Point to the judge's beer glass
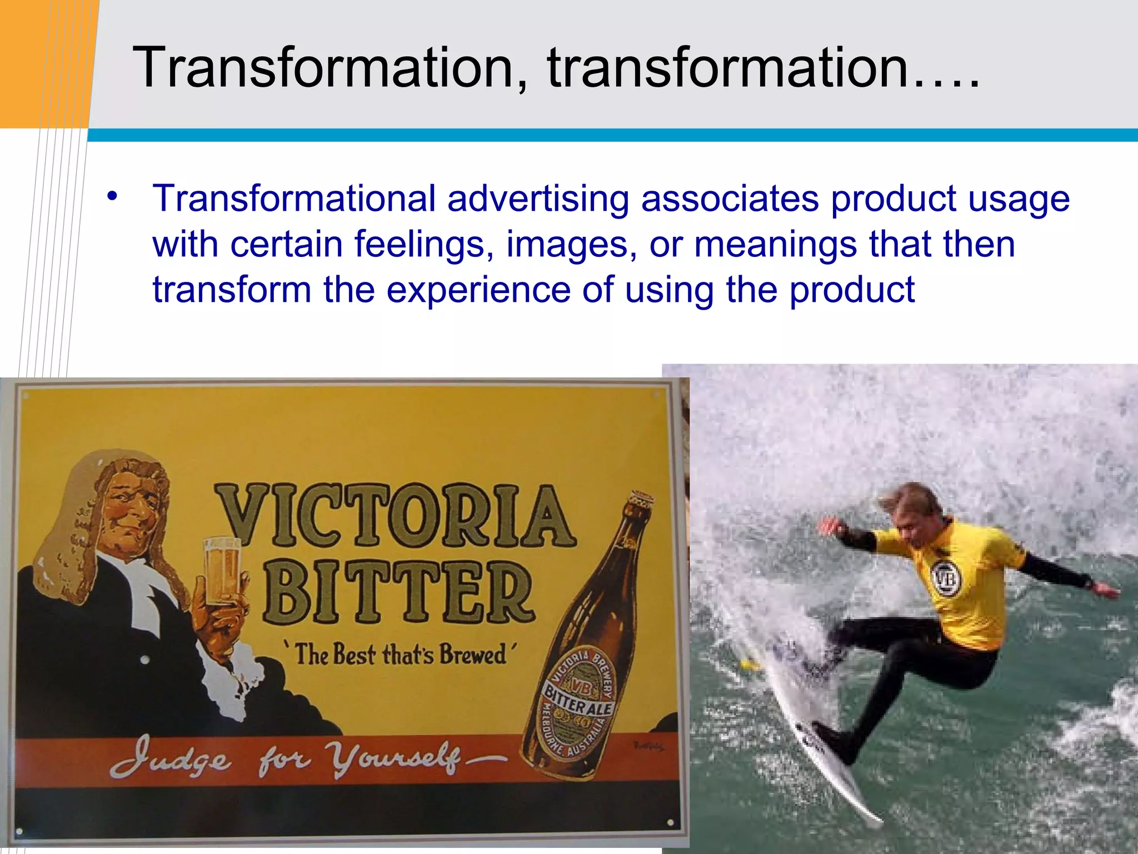222,572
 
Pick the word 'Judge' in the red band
169,758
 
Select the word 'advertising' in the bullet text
538,198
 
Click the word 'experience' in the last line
478,290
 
